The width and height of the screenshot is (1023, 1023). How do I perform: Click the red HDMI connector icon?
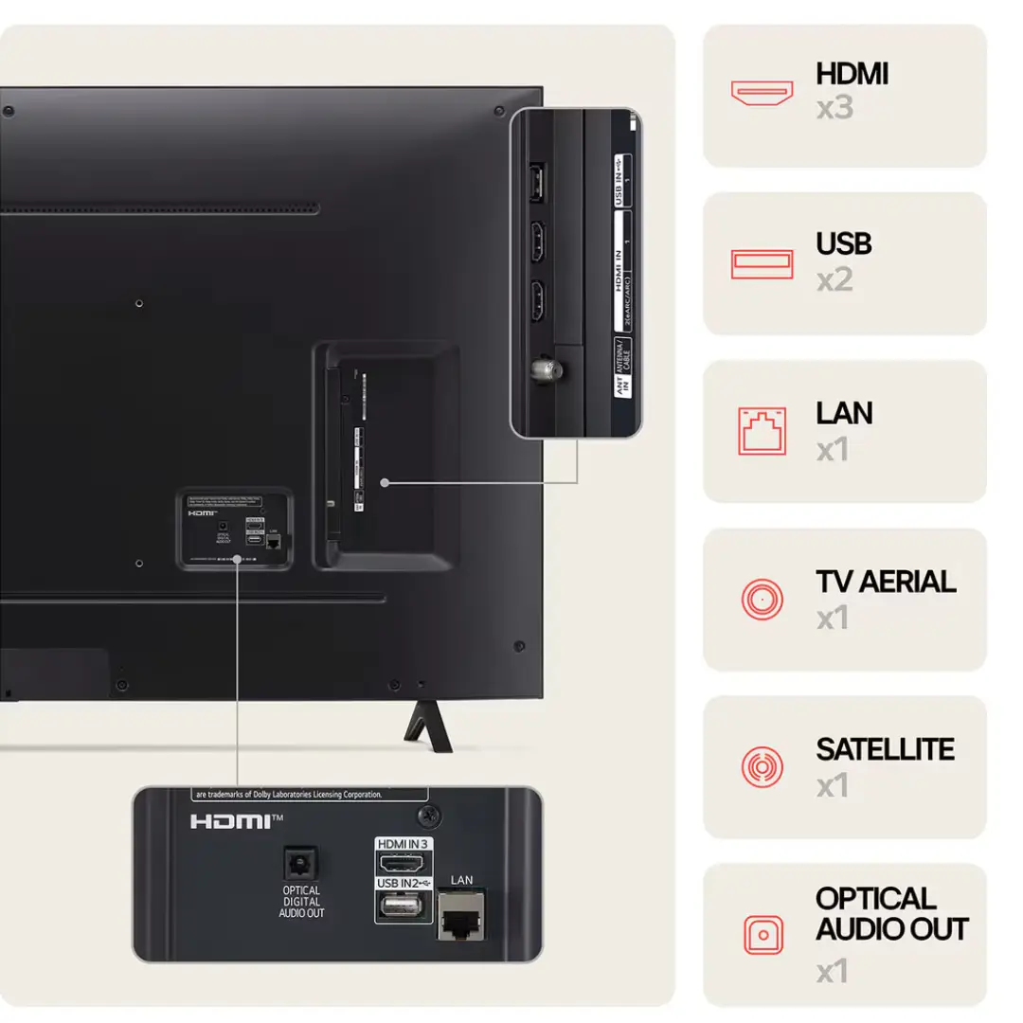pos(762,92)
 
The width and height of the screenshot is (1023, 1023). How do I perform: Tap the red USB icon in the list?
pos(762,263)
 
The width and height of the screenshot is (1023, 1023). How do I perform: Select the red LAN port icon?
pos(762,431)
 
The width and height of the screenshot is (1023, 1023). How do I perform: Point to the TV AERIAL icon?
pos(762,599)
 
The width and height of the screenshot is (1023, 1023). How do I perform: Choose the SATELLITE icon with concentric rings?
pos(762,765)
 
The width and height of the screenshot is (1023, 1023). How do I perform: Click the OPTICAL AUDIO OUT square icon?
pos(762,934)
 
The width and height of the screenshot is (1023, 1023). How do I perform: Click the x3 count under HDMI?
pos(835,108)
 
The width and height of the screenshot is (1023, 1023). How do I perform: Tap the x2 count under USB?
pos(835,279)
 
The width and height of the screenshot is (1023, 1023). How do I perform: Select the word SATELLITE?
pos(885,749)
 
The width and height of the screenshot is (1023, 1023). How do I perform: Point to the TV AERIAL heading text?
pos(886,581)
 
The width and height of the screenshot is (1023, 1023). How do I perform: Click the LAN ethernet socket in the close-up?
pos(462,912)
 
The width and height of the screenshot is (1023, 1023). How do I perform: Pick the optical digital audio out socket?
pos(301,864)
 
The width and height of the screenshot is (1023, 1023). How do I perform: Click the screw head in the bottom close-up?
pos(430,814)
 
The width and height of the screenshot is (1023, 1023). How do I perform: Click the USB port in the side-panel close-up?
pos(536,182)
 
